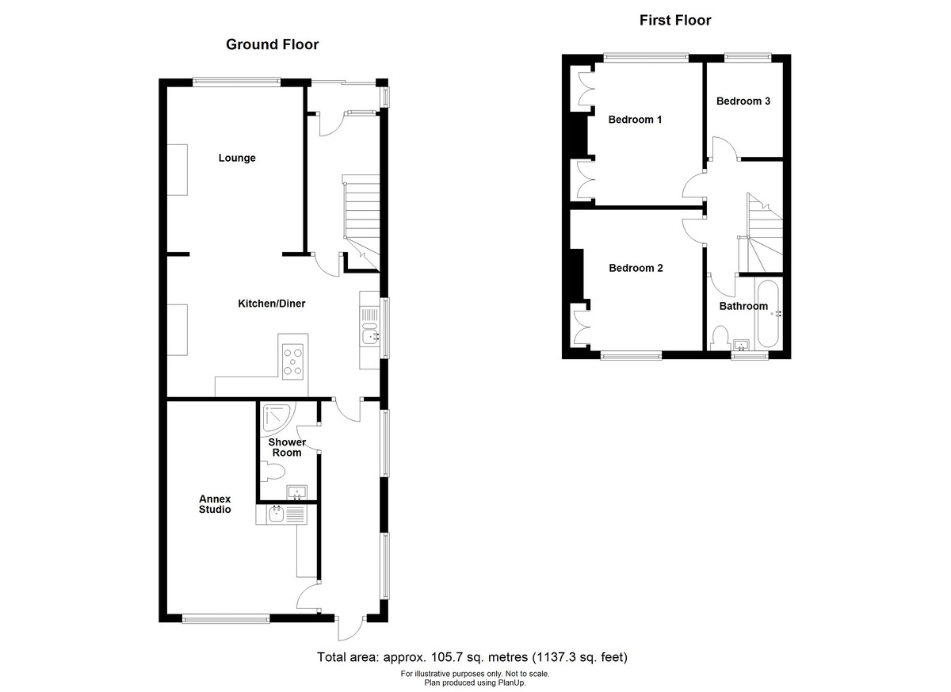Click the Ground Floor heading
click(272, 44)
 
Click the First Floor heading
click(675, 21)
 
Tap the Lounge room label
click(237, 158)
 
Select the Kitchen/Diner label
click(272, 304)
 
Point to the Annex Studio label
click(215, 504)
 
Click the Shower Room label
click(286, 447)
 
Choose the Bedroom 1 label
click(635, 120)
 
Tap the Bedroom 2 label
click(636, 268)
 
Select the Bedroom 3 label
click(743, 101)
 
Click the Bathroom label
click(743, 306)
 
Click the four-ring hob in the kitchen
click(294, 361)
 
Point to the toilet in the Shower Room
click(273, 473)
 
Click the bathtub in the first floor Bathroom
click(769, 314)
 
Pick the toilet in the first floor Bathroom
click(720, 338)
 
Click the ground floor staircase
click(361, 210)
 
